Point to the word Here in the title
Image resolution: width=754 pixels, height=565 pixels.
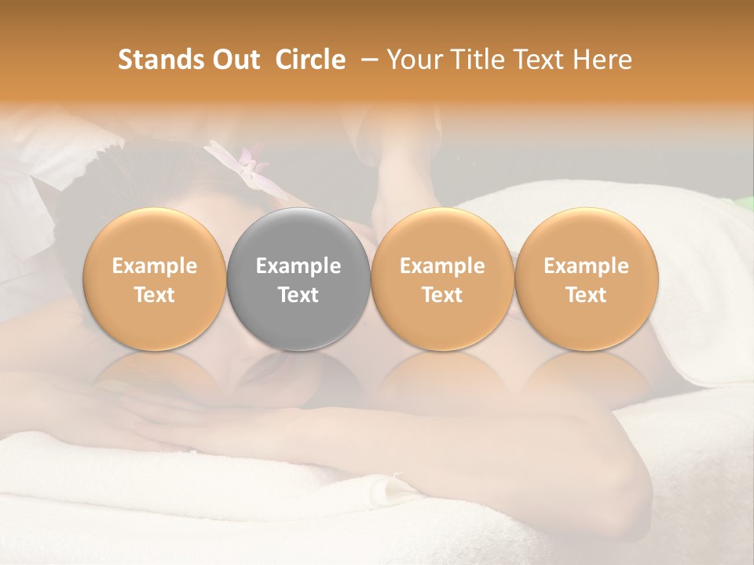(x=602, y=60)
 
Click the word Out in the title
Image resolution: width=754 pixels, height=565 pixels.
(x=234, y=60)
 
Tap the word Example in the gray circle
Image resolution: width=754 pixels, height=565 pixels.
(x=298, y=266)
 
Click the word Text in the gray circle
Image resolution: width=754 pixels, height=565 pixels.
(x=298, y=294)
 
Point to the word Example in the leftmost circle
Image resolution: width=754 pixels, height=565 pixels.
(x=155, y=266)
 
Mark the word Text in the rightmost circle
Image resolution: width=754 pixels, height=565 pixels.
(x=587, y=294)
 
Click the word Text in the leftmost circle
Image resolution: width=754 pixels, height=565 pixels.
(x=155, y=294)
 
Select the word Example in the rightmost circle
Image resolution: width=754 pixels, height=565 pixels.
(x=587, y=266)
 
